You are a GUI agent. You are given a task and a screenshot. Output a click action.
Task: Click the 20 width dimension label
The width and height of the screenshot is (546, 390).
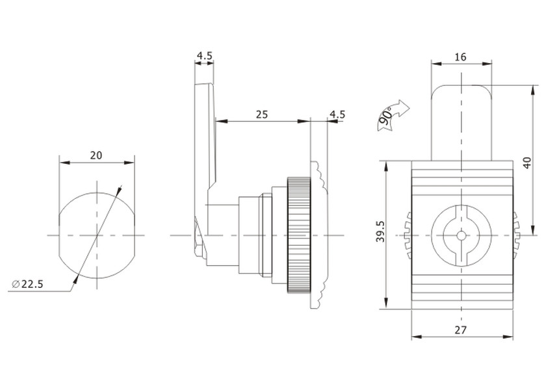96,155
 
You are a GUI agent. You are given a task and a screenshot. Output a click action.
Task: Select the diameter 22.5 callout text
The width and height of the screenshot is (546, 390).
28,284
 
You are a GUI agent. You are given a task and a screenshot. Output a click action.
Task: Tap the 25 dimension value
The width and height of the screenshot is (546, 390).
262,114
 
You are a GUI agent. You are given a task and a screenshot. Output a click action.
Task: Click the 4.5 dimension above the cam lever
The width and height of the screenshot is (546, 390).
204,56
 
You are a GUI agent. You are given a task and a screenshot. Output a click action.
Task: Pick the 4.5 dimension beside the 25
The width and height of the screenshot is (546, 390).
337,114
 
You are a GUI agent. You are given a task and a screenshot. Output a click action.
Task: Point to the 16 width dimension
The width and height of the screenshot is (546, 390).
460,57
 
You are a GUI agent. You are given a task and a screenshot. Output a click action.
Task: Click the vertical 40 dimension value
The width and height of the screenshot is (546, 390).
528,162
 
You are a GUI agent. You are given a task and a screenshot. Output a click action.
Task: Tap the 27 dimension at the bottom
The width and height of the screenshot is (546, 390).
460,330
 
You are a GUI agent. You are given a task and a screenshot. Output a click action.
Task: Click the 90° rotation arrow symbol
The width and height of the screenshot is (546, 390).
393,115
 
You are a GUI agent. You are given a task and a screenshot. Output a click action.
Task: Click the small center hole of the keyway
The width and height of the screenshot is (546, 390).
461,235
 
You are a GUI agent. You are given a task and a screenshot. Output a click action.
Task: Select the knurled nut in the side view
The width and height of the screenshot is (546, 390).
299,235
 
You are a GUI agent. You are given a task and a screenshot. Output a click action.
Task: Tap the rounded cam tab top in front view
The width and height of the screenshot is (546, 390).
461,86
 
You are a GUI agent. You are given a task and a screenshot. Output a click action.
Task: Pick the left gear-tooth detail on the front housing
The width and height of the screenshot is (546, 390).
408,235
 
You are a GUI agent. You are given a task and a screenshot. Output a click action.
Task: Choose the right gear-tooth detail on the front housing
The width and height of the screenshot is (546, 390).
516,235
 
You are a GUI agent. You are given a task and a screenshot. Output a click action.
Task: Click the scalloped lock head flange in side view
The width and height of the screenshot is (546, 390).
318,235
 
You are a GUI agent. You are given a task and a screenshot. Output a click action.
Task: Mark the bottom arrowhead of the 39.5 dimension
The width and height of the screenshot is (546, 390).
385,303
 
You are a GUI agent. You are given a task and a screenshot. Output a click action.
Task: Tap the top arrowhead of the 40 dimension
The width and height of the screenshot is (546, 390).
533,90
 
